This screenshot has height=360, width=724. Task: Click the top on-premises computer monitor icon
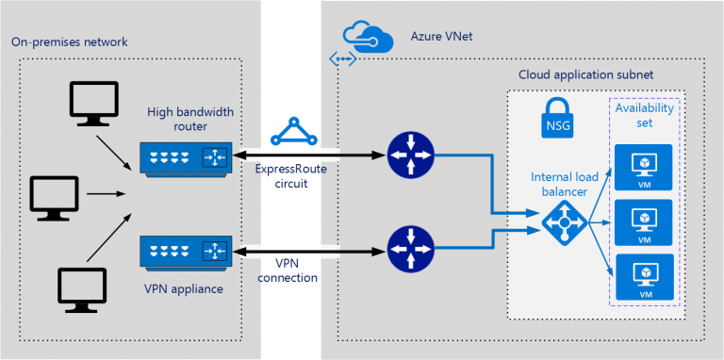93,102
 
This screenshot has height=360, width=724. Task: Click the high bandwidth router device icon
184,156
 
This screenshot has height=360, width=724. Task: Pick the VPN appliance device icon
184,251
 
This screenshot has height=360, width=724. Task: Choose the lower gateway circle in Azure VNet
410,250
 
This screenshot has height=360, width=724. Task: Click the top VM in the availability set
644,163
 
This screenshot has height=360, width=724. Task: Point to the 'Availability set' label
644,118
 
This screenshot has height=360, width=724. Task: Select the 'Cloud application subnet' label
585,74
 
